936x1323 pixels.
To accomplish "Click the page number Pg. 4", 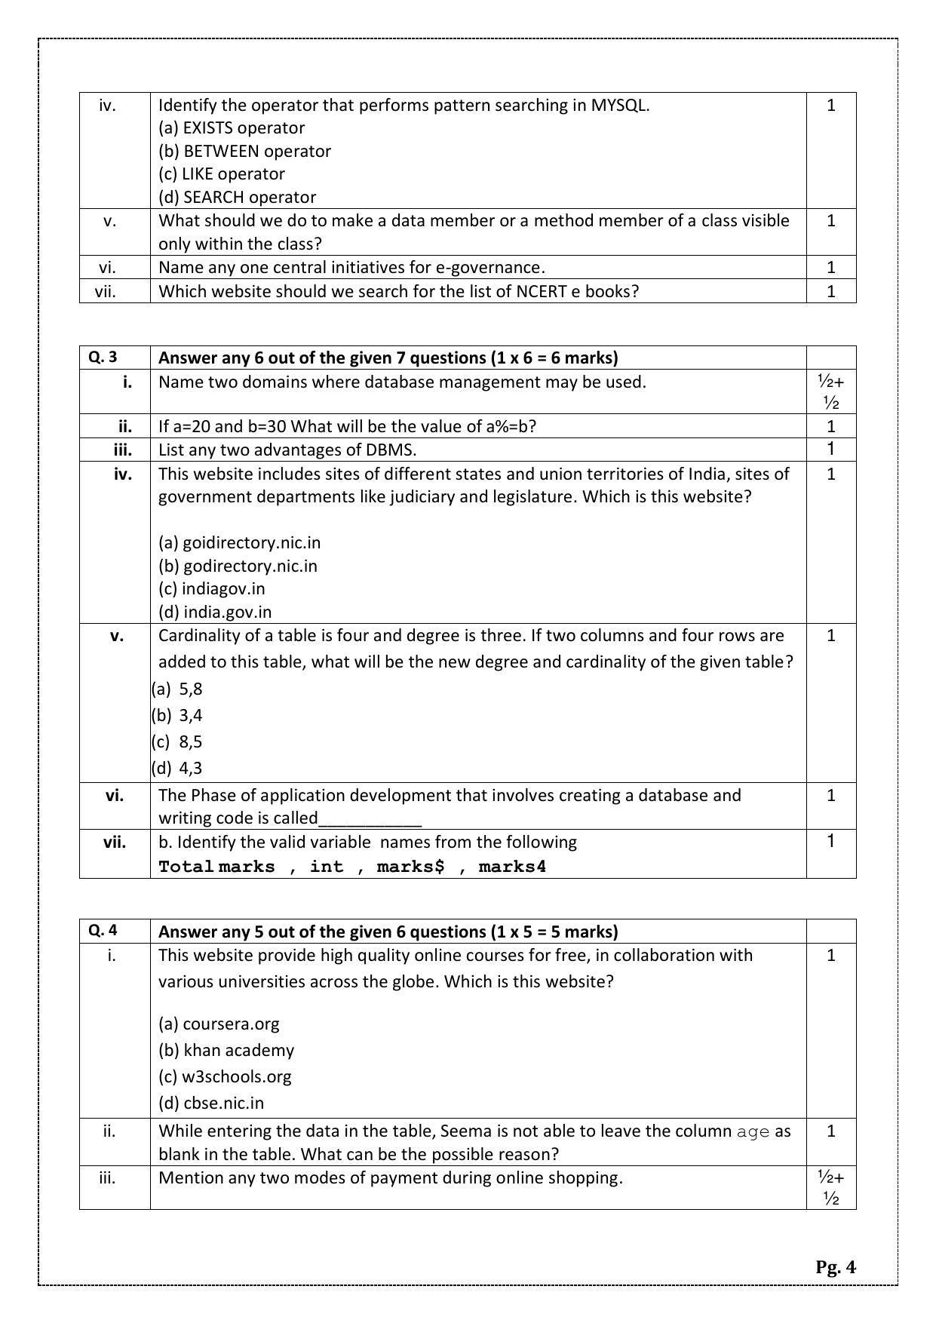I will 835,1266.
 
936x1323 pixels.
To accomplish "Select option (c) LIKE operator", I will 221,174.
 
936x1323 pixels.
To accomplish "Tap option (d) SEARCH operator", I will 237,197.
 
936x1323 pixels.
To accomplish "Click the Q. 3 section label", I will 103,358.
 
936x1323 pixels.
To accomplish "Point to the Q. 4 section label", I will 103,930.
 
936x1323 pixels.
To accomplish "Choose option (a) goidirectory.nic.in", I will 239,542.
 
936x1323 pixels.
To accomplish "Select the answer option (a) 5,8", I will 177,689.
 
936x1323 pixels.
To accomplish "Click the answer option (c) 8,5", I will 177,741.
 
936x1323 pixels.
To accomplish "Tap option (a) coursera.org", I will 219,1024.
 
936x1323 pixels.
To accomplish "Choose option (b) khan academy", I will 226,1050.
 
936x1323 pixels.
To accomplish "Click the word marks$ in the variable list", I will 410,867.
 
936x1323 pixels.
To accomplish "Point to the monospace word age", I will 753,1131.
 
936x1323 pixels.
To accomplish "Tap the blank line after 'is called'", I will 370,819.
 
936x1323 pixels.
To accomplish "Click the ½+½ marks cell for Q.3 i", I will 830,391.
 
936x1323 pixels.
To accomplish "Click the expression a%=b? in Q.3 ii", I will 511,426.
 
